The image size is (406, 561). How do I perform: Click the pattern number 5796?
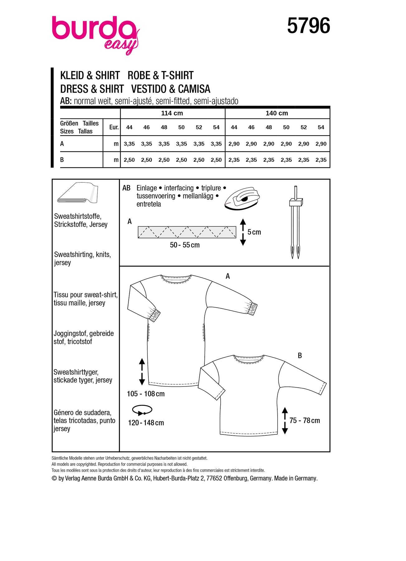[x=308, y=26]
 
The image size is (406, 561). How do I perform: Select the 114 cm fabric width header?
[x=172, y=113]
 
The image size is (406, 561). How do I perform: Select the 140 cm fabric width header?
[x=277, y=113]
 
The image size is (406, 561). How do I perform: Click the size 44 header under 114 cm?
[x=129, y=127]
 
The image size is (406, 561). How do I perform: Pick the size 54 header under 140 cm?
[x=321, y=127]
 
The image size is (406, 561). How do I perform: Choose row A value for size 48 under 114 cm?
[x=164, y=144]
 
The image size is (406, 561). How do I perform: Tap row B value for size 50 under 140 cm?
[x=286, y=160]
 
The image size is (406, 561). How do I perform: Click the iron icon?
[x=242, y=199]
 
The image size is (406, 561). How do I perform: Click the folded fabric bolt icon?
[x=77, y=193]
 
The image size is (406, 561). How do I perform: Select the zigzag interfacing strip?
[x=187, y=232]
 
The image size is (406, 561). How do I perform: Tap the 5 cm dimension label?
[x=254, y=232]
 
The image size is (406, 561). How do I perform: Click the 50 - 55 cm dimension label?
[x=184, y=245]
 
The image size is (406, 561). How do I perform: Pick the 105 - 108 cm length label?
[x=146, y=394]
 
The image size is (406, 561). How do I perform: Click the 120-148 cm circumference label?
[x=146, y=423]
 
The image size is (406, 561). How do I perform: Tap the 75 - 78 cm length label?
[x=304, y=420]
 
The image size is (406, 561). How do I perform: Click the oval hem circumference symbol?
[x=142, y=410]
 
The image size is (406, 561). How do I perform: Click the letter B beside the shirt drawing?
[x=300, y=356]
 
